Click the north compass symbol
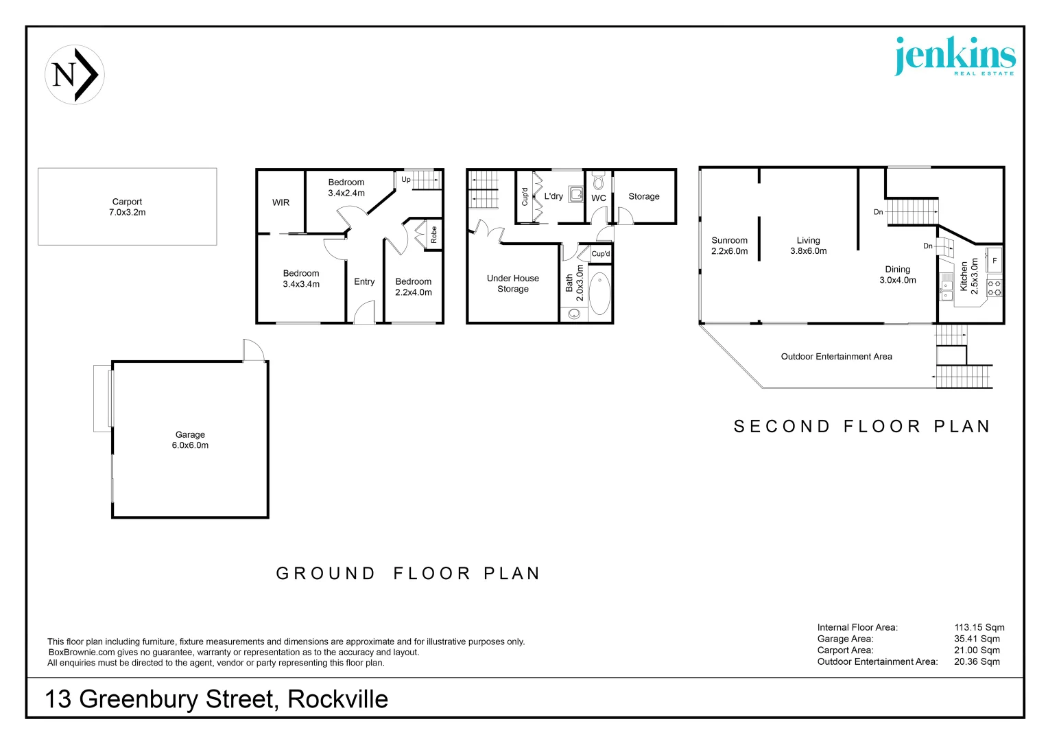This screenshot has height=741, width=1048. tap(75, 75)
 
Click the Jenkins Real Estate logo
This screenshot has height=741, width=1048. tap(955, 56)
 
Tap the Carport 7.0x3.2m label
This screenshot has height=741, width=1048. tap(128, 207)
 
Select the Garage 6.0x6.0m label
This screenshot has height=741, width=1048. tap(190, 440)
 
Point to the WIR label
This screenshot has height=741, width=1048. tap(281, 202)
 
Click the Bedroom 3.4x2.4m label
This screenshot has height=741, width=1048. tap(346, 187)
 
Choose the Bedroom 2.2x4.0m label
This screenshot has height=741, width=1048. tap(414, 287)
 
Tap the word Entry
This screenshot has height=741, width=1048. tap(364, 282)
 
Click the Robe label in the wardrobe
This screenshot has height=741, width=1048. tap(433, 235)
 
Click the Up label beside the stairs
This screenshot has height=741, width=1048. tap(406, 180)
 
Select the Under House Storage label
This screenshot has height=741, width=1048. tap(513, 283)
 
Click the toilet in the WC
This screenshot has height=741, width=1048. tap(598, 182)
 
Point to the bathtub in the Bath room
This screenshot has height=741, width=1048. tap(599, 294)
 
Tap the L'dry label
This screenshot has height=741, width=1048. tap(553, 196)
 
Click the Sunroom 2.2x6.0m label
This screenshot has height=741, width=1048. tap(729, 246)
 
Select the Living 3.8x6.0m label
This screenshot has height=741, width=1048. tap(808, 246)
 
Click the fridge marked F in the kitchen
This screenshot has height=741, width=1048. tap(994, 261)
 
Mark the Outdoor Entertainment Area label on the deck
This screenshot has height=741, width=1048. tap(836, 357)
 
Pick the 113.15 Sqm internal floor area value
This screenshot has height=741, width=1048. tap(979, 627)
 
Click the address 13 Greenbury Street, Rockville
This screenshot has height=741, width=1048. tap(216, 699)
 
